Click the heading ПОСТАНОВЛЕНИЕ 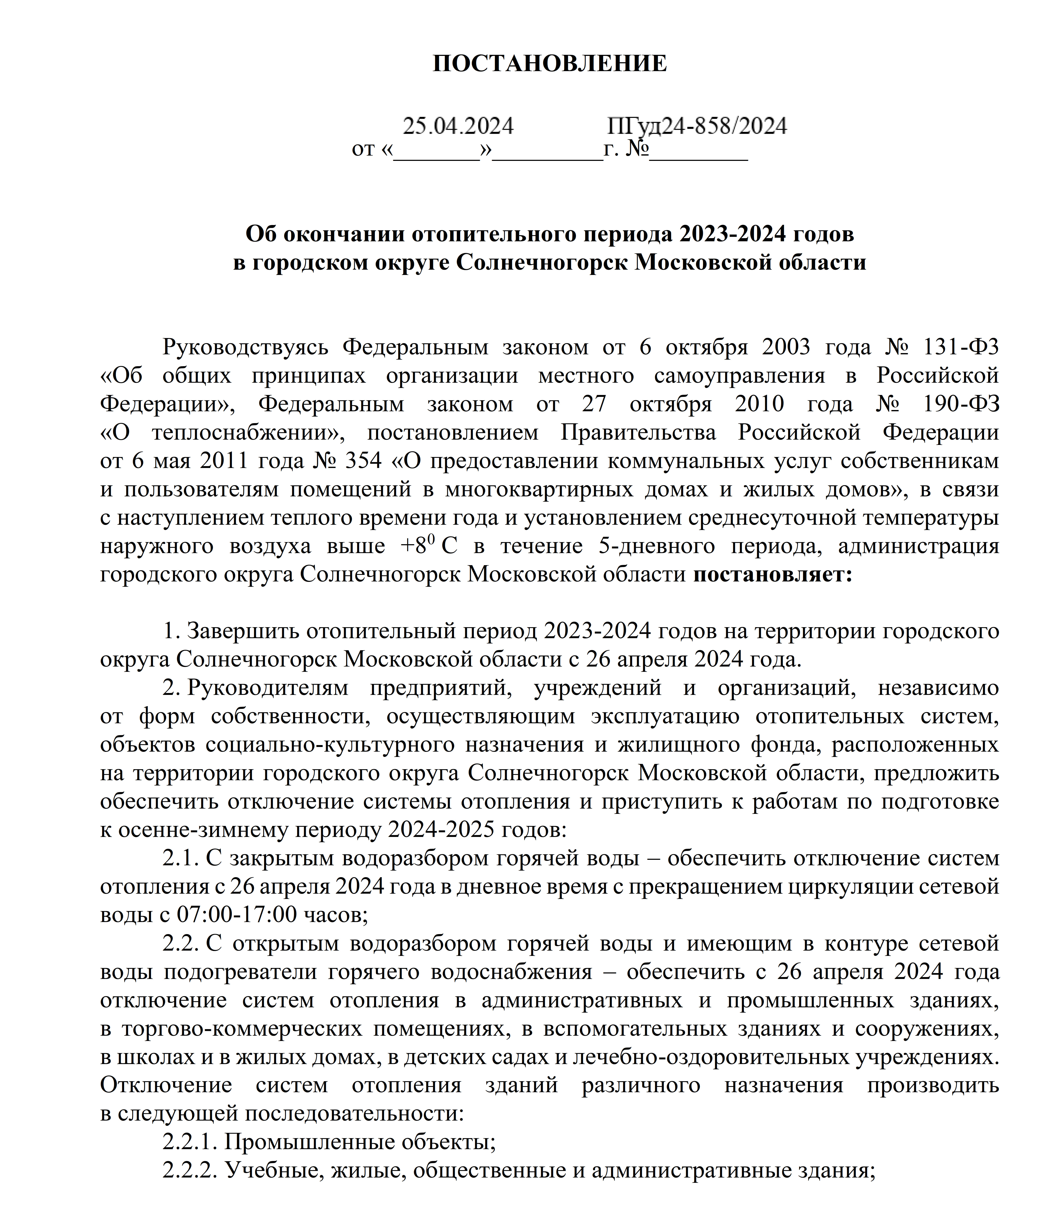coord(549,64)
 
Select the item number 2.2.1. coord(190,1142)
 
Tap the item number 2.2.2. coord(190,1170)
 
